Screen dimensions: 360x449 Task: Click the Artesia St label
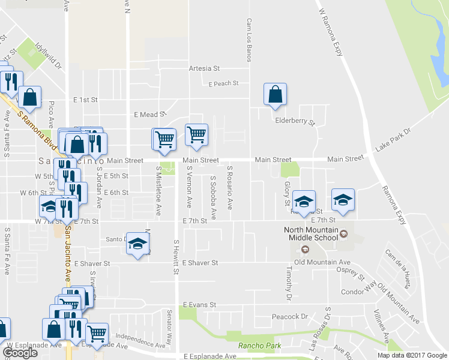(x=204, y=68)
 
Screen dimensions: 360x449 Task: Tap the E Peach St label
(x=224, y=83)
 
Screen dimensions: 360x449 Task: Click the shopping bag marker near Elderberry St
(x=275, y=94)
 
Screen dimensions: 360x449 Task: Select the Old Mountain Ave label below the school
(x=322, y=262)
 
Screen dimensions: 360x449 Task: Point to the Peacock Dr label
(x=289, y=316)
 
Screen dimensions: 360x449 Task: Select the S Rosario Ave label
(x=229, y=188)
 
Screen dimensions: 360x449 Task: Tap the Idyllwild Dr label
(x=49, y=55)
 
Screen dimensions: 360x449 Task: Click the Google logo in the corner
(x=20, y=353)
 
